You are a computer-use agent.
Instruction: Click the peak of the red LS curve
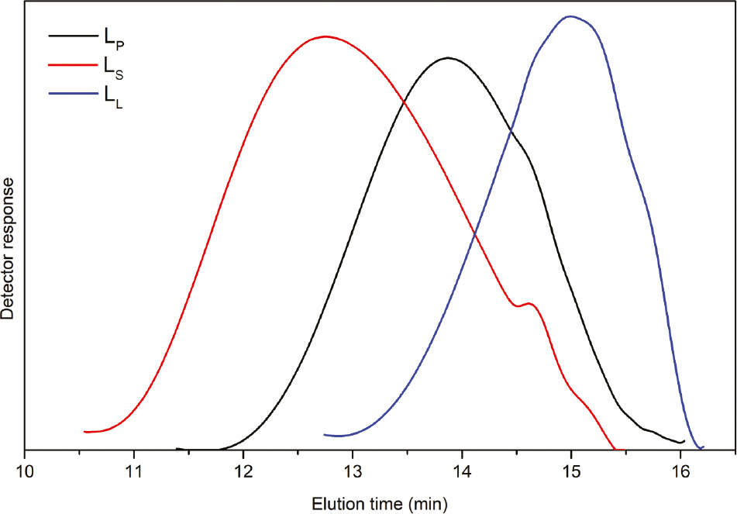pos(325,36)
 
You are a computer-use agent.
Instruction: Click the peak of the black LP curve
pos(448,58)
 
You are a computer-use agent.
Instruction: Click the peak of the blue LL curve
pos(570,16)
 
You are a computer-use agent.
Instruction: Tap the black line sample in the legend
pos(72,36)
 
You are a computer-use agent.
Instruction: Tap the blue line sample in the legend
pos(72,95)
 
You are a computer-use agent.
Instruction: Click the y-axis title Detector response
pos(9,248)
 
